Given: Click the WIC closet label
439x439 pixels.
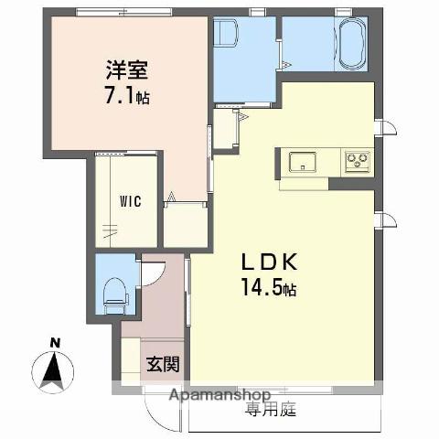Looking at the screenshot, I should click(x=127, y=202).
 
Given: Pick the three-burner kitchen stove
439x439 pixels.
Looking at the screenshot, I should click(x=356, y=163).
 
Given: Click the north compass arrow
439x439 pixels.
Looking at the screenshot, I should click(x=55, y=371).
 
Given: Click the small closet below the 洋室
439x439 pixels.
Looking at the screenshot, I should click(x=186, y=223).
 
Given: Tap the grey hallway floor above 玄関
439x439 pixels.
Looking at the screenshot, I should click(x=162, y=306).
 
